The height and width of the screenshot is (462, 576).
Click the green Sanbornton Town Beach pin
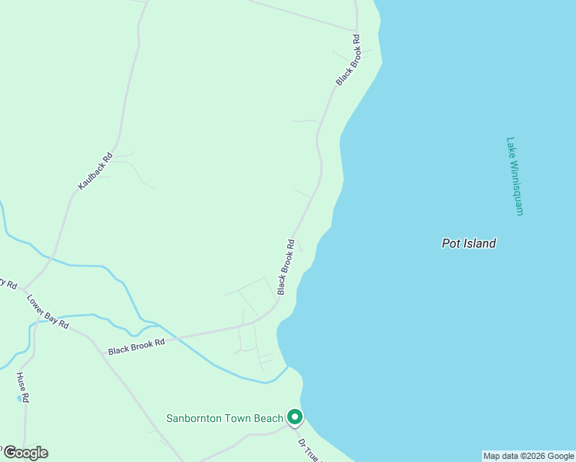(294, 417)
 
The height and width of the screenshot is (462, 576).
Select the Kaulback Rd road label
(95, 171)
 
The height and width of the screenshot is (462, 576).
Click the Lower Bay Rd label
(48, 312)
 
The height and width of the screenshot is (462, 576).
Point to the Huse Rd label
(23, 387)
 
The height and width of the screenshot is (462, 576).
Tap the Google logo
(25, 453)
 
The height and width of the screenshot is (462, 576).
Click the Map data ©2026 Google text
(528, 456)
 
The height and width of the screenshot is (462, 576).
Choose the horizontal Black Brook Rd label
(137, 346)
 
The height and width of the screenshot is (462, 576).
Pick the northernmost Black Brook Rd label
(347, 60)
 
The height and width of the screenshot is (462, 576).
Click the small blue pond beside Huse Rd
(18, 399)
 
